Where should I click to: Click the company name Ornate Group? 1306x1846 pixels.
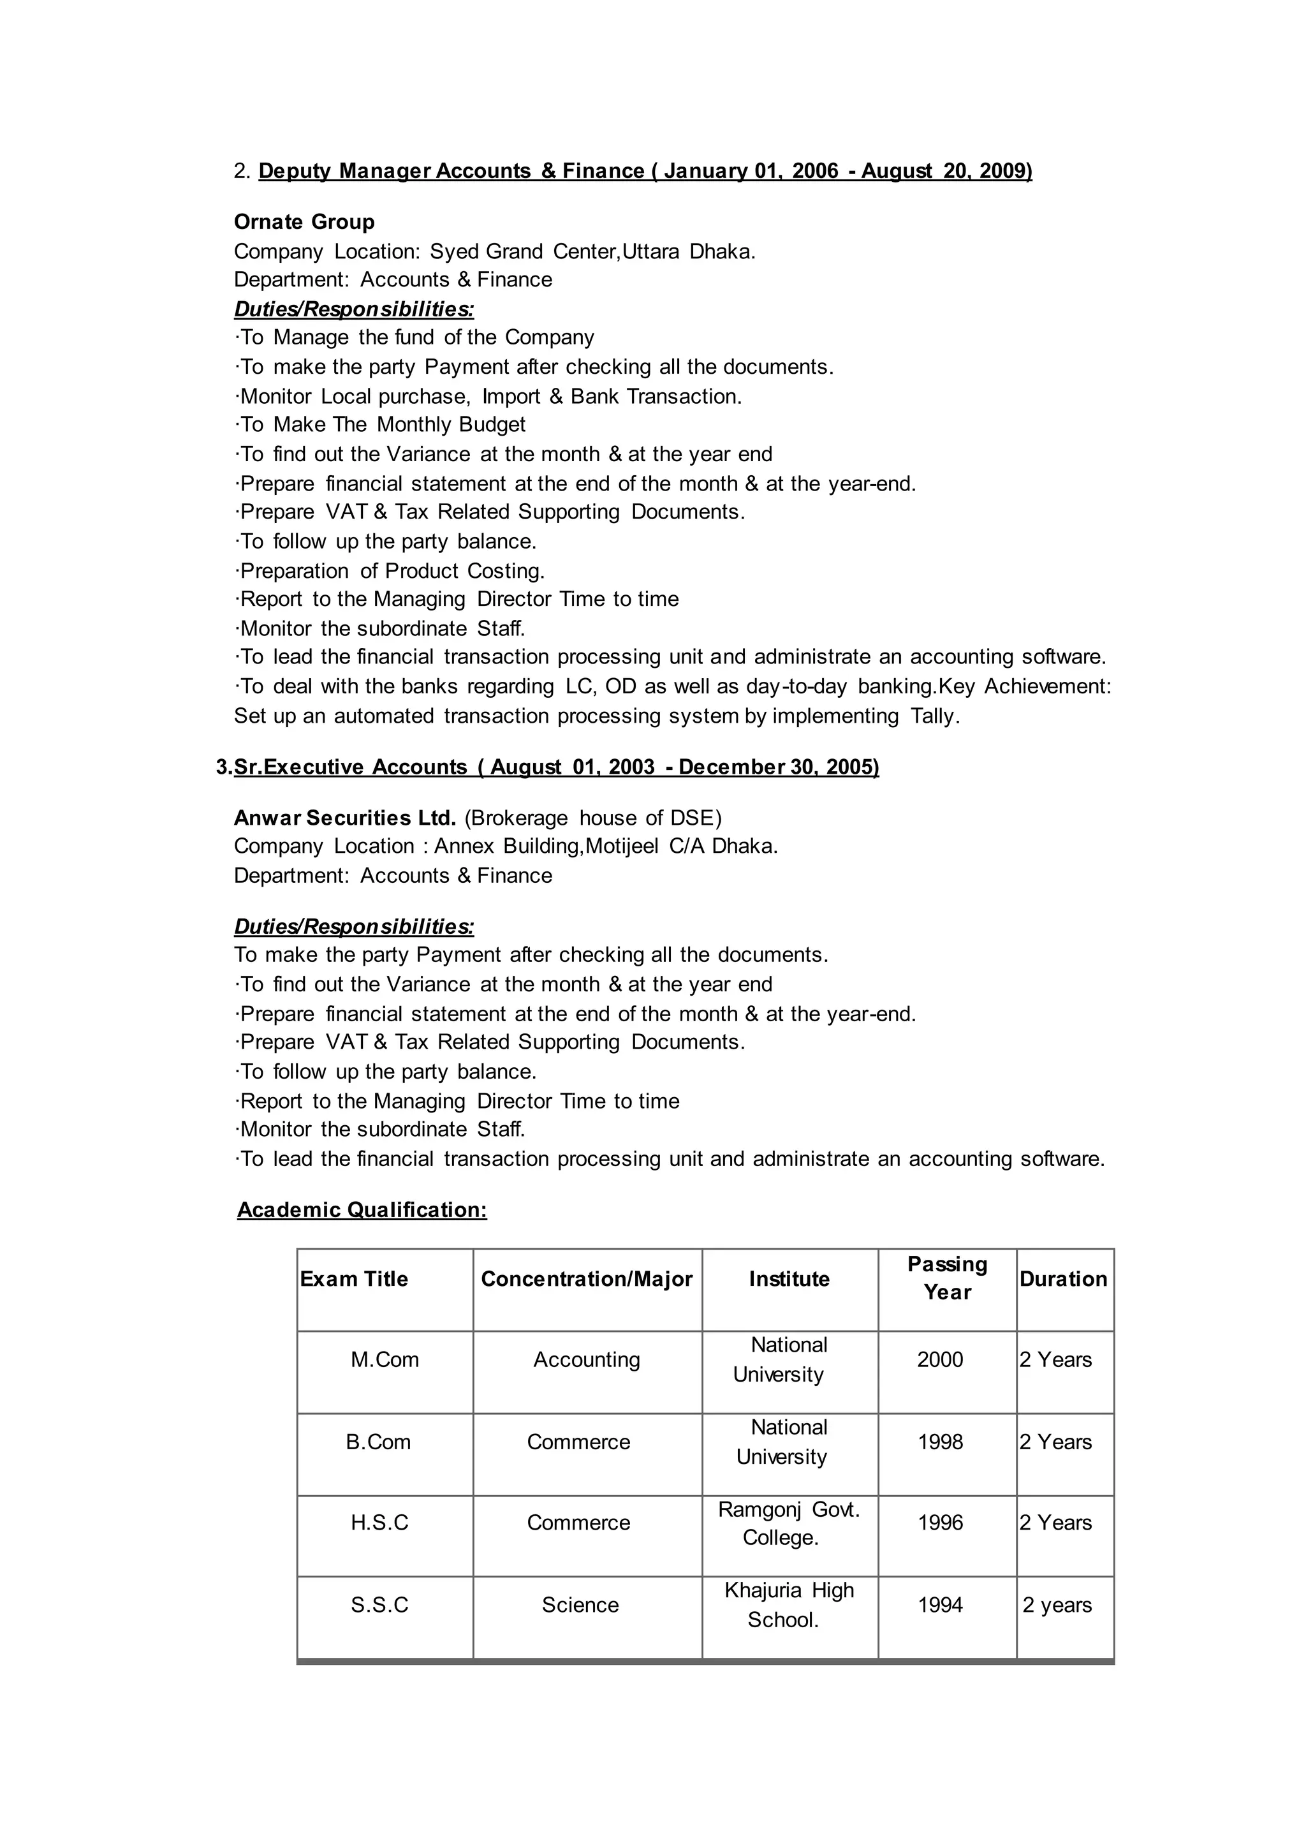pos(304,222)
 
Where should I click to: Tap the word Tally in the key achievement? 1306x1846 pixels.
pos(934,716)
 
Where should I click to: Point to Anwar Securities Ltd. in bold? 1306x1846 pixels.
pos(345,818)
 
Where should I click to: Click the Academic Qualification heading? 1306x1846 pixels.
pos(362,1210)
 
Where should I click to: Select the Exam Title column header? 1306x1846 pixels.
pos(354,1279)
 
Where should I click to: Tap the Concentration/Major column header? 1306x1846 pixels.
pos(586,1279)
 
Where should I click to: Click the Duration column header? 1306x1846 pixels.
pos(1063,1279)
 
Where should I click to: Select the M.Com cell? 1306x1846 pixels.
pos(385,1359)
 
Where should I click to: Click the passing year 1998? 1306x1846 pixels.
pos(940,1442)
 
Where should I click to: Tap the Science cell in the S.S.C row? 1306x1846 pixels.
pos(580,1605)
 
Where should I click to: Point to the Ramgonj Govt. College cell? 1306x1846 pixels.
pos(788,1523)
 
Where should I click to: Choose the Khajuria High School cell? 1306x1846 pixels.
pos(788,1605)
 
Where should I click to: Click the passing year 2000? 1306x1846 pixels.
pos(940,1359)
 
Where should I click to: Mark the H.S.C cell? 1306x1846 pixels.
pos(379,1523)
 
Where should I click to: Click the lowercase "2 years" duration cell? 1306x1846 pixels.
pos(1057,1605)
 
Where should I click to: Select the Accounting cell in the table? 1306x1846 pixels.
pos(586,1359)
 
